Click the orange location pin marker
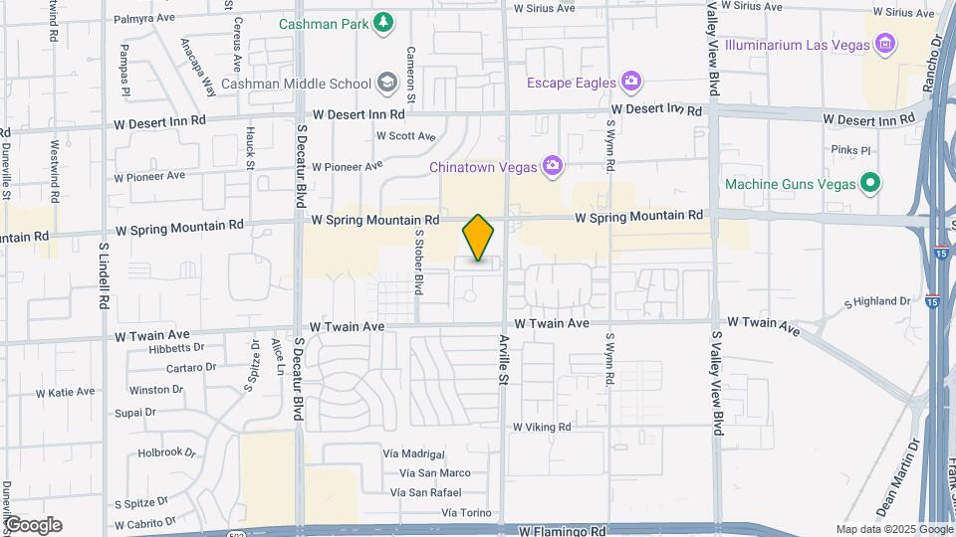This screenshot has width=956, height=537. pyautogui.click(x=479, y=237)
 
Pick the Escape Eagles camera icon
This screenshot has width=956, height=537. pyautogui.click(x=629, y=81)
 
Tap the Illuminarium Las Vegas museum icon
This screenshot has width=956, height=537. pyautogui.click(x=882, y=44)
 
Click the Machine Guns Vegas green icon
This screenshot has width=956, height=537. pyautogui.click(x=870, y=183)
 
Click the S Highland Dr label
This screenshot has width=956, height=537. pyautogui.click(x=877, y=301)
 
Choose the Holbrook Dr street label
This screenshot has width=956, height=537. pyautogui.click(x=165, y=451)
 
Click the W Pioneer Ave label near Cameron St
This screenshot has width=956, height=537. pyautogui.click(x=347, y=166)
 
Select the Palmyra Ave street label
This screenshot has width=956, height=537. pyautogui.click(x=151, y=18)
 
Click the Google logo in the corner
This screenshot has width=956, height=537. pyautogui.click(x=33, y=524)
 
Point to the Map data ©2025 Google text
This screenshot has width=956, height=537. pyautogui.click(x=893, y=529)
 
